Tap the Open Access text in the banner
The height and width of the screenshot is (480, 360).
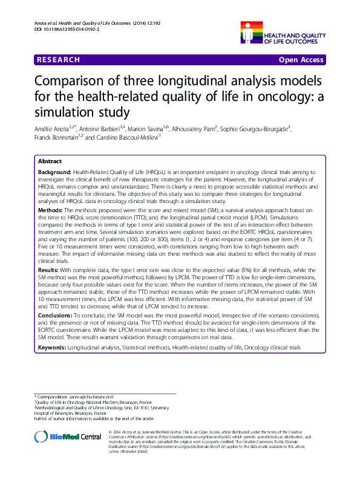301,60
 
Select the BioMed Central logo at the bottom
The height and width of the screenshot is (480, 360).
68,436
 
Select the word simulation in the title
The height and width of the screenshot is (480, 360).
68,112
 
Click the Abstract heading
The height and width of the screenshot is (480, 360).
50,162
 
